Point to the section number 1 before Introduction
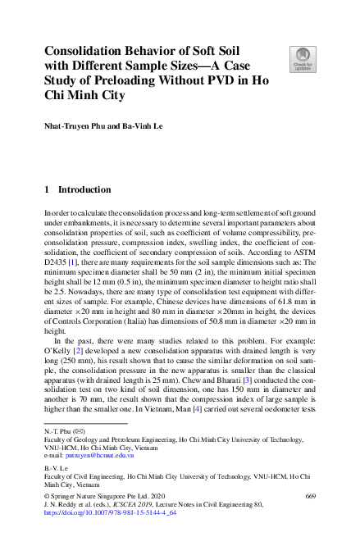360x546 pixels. [48, 189]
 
